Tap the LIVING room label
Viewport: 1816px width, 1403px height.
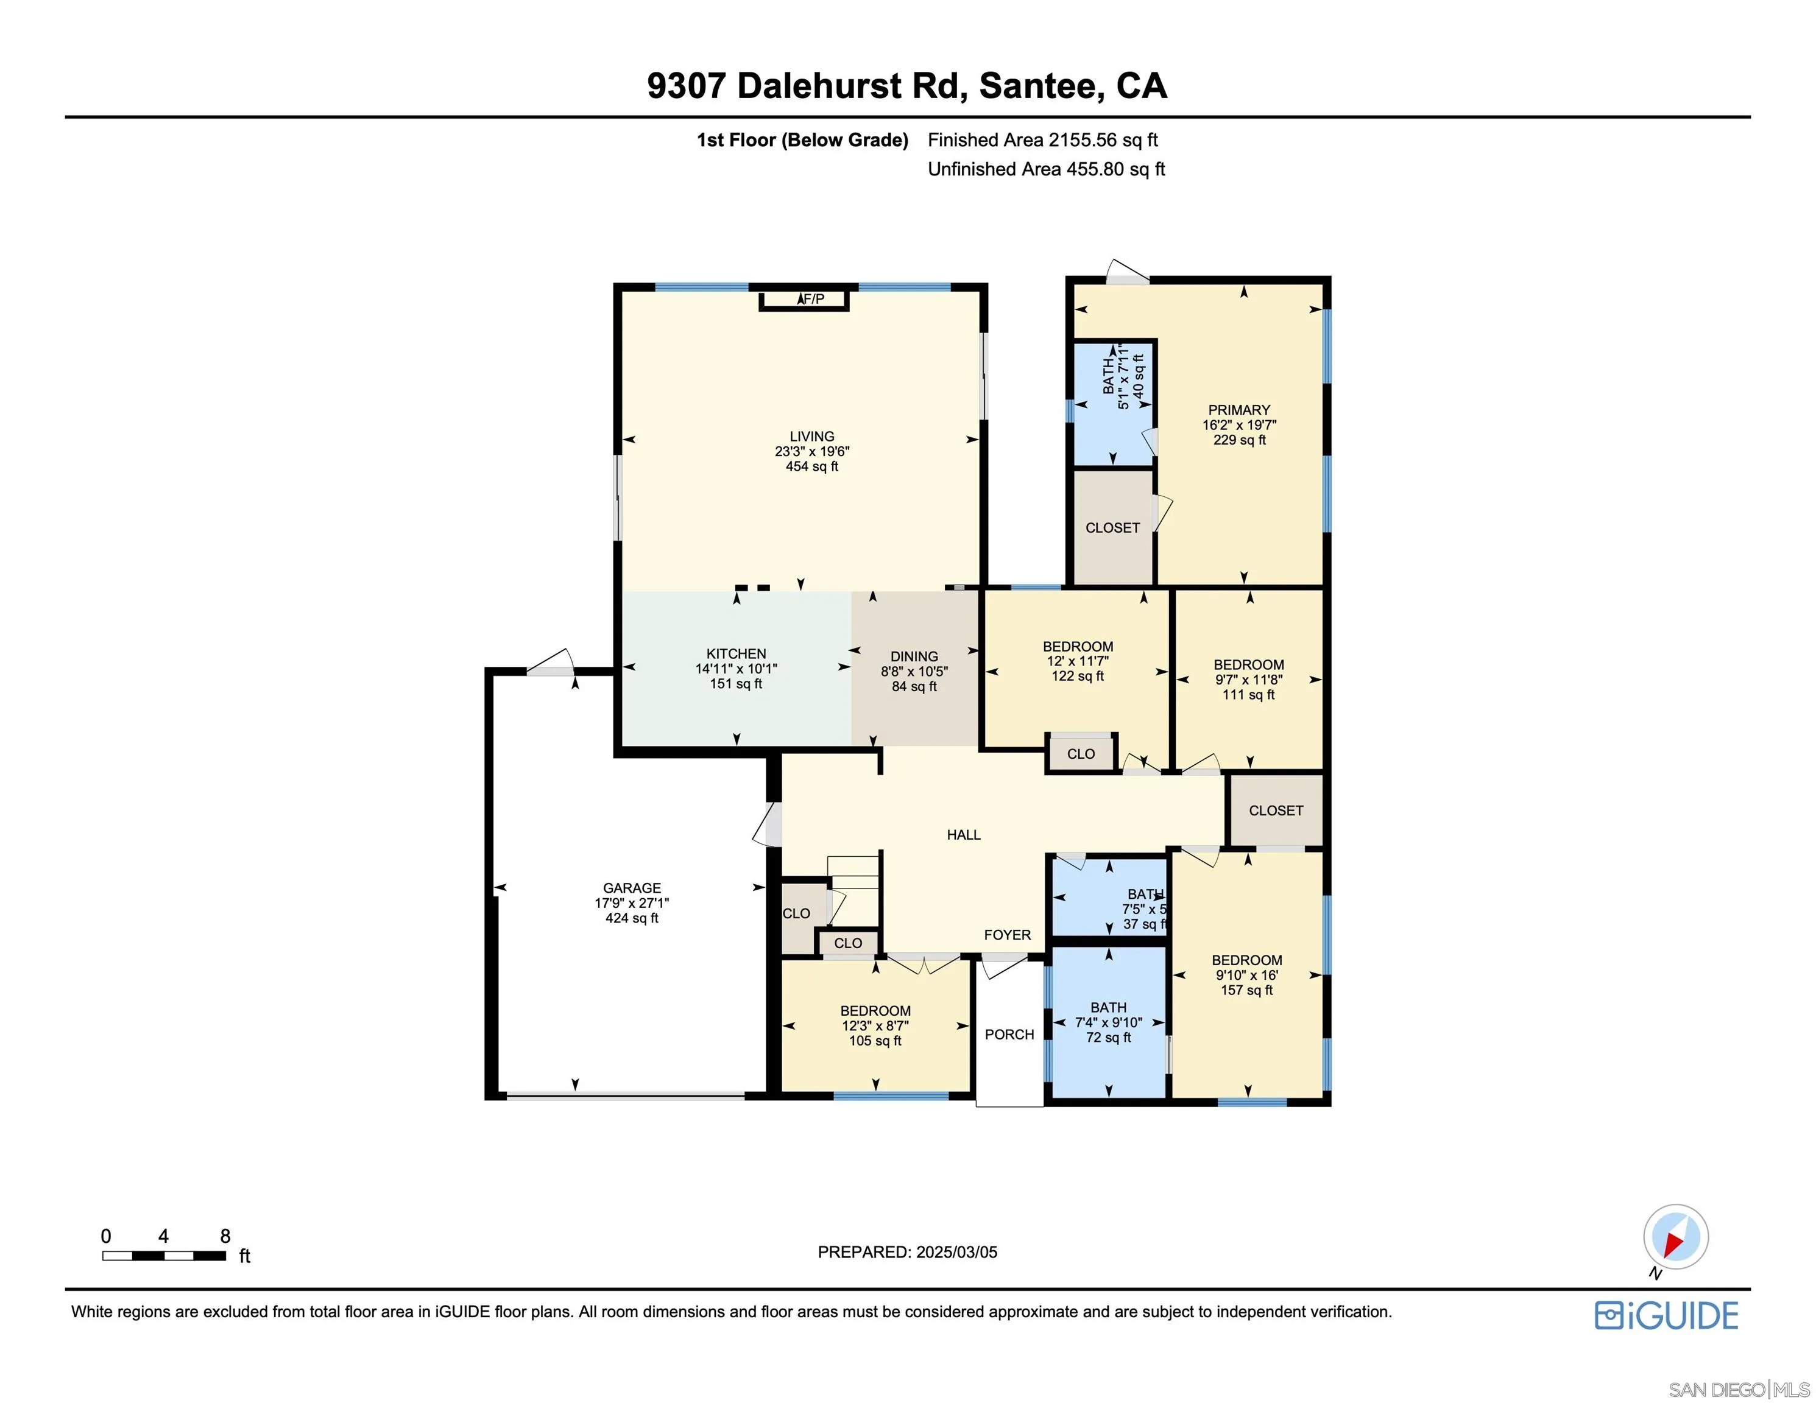point(811,437)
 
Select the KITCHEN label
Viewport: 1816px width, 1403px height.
point(736,654)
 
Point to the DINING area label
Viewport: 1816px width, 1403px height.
point(914,656)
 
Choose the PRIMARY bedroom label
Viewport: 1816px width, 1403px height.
point(1239,410)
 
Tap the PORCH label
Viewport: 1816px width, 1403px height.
point(1009,1034)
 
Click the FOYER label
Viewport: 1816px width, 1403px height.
point(1007,935)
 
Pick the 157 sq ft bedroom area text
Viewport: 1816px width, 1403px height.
point(1246,990)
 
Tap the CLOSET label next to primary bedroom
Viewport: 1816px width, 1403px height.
point(1112,528)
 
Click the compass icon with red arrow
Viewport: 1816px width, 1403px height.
point(1675,1237)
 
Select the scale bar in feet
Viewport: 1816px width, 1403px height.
point(164,1256)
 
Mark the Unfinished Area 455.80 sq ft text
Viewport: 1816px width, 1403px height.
point(1045,169)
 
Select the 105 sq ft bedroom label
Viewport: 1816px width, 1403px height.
point(875,1041)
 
